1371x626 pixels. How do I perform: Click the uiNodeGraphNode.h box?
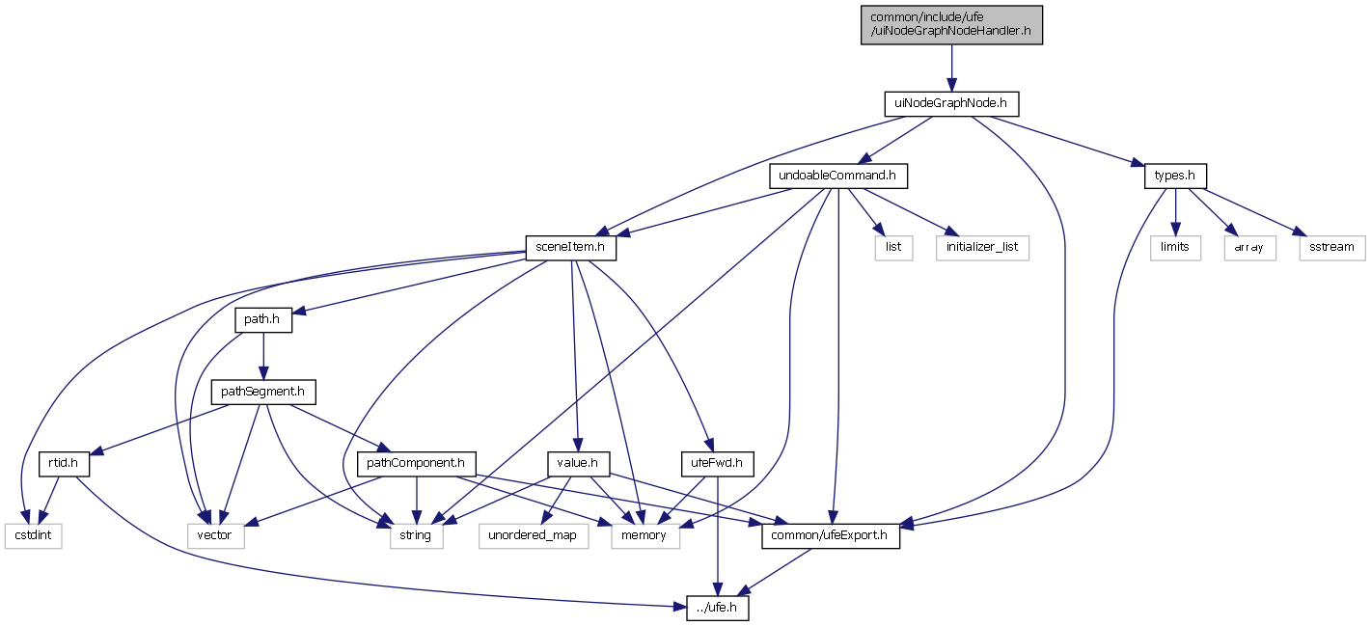(950, 103)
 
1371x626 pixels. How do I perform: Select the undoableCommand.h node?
(838, 177)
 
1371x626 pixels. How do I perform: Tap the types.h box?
(1174, 177)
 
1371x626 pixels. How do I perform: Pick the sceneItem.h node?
(570, 247)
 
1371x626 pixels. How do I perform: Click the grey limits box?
(1174, 247)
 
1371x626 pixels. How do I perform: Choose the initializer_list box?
(982, 247)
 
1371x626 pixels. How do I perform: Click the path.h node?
(263, 319)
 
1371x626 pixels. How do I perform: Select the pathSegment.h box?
(263, 392)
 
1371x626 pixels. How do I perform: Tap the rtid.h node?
(64, 464)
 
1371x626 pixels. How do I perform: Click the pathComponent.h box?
(414, 464)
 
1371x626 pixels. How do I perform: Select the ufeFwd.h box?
(716, 464)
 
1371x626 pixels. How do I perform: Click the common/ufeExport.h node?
(831, 535)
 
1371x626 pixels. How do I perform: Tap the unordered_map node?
(533, 535)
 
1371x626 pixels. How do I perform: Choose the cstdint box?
(33, 535)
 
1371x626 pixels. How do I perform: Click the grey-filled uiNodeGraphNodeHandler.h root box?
(950, 24)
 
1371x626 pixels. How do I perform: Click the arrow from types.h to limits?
(1174, 212)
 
